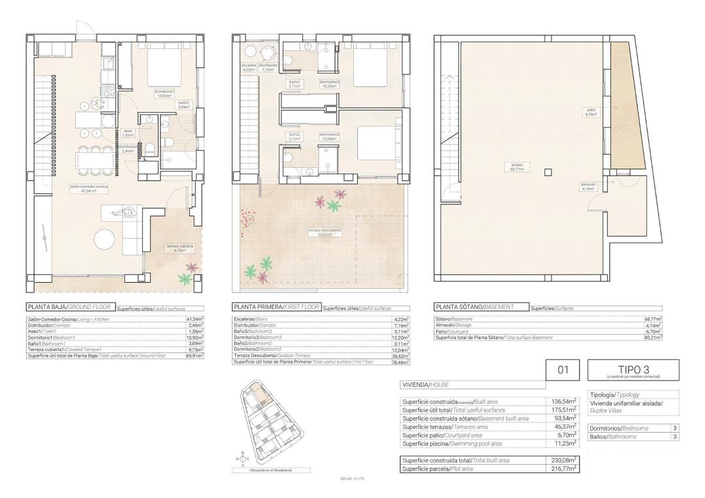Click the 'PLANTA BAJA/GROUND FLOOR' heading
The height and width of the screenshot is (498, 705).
coord(70,307)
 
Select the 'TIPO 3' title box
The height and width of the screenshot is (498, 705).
coord(633,370)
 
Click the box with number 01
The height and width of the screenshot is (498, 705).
coord(563,370)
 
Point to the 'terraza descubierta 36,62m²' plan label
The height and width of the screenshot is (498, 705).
coord(324,232)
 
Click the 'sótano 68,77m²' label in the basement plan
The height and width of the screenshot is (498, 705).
coord(517,166)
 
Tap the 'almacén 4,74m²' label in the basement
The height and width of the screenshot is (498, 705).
coord(588,186)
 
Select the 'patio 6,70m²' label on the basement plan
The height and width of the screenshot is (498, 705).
coord(591,112)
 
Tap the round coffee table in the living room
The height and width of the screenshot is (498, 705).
coord(105,239)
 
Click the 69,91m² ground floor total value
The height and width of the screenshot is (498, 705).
coord(194,356)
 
